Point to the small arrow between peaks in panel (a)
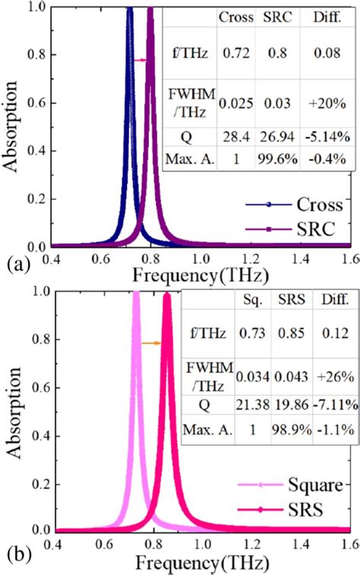pyautogui.click(x=140, y=60)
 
